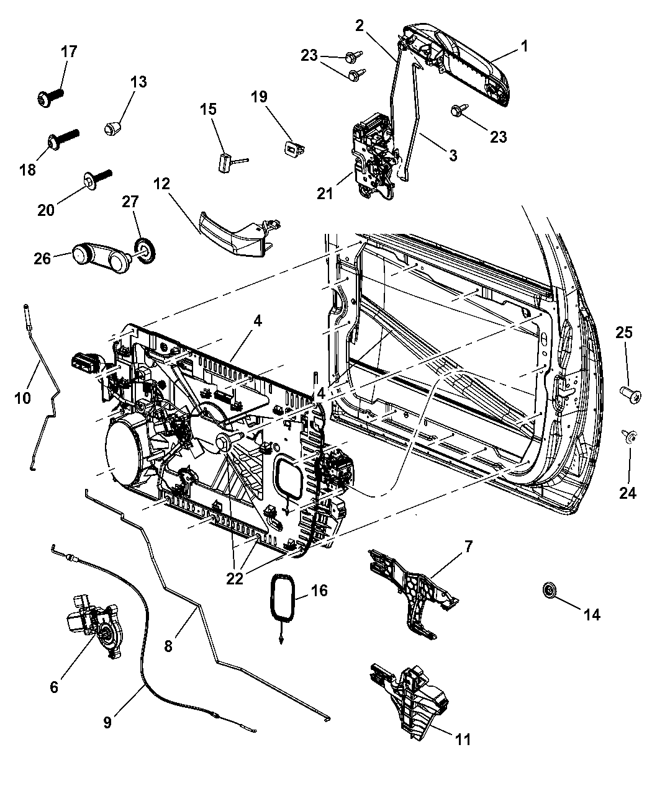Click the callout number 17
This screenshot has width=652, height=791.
click(69, 51)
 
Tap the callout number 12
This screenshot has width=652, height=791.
click(161, 184)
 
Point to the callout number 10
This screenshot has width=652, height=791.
click(22, 397)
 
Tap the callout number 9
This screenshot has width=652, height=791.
click(107, 722)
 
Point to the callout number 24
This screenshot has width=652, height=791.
click(628, 493)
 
